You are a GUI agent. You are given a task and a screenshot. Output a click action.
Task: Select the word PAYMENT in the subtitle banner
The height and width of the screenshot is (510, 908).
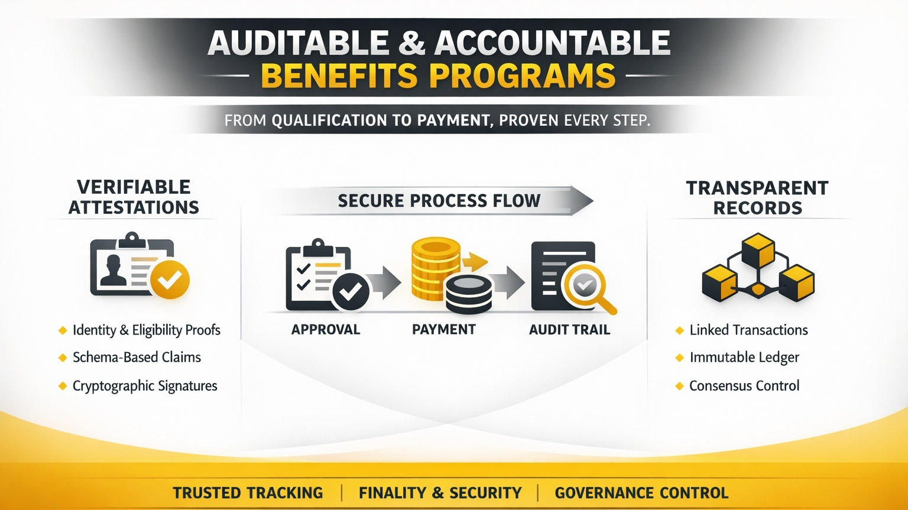click(453, 121)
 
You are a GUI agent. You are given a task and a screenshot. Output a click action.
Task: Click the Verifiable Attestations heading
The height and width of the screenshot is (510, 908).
click(134, 197)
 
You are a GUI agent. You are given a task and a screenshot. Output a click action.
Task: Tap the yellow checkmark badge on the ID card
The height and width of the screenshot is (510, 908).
click(170, 279)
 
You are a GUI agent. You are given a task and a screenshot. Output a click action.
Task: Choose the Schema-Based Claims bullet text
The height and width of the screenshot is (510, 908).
click(137, 358)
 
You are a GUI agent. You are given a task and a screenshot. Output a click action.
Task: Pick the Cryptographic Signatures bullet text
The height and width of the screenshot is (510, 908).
click(145, 386)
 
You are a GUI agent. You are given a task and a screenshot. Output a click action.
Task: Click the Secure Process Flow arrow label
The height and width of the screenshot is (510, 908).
click(439, 201)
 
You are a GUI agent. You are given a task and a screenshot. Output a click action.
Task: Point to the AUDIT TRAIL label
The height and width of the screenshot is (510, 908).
click(569, 330)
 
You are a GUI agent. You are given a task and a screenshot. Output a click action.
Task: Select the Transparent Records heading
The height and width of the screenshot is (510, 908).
click(757, 198)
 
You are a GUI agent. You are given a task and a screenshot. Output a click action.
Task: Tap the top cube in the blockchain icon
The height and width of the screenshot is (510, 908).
click(758, 250)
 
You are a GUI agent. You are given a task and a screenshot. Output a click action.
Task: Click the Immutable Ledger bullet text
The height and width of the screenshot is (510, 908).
click(744, 358)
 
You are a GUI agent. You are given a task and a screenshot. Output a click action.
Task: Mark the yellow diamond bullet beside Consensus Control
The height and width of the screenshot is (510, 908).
click(679, 386)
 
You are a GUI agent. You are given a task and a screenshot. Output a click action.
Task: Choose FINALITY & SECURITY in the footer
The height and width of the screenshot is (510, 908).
click(440, 493)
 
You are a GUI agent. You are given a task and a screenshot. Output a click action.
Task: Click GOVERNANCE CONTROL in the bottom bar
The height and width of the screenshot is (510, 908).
click(641, 493)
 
